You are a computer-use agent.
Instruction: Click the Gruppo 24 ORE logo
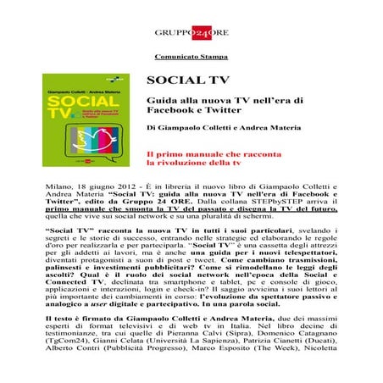point(191,32)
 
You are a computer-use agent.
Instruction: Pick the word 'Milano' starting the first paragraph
point(58,183)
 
